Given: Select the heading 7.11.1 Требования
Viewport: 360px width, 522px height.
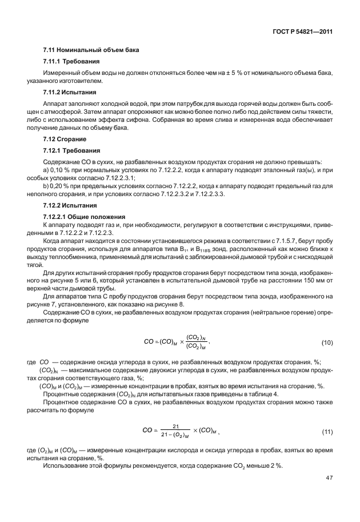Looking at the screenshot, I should [72, 61].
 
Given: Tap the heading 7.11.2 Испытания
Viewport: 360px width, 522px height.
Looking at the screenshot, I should [70, 92].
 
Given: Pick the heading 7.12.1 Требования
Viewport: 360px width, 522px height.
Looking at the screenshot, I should [72, 150].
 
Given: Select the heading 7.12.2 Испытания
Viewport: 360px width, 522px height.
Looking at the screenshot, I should [70, 205].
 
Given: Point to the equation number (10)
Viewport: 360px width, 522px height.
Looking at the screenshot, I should [327, 342].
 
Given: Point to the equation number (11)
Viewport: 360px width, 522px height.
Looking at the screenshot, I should [327, 430].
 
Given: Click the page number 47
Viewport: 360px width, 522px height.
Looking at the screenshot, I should [329, 477].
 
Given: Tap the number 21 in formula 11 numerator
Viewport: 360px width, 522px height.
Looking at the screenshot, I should [176, 426].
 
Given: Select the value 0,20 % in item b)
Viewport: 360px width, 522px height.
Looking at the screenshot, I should [59, 186].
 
